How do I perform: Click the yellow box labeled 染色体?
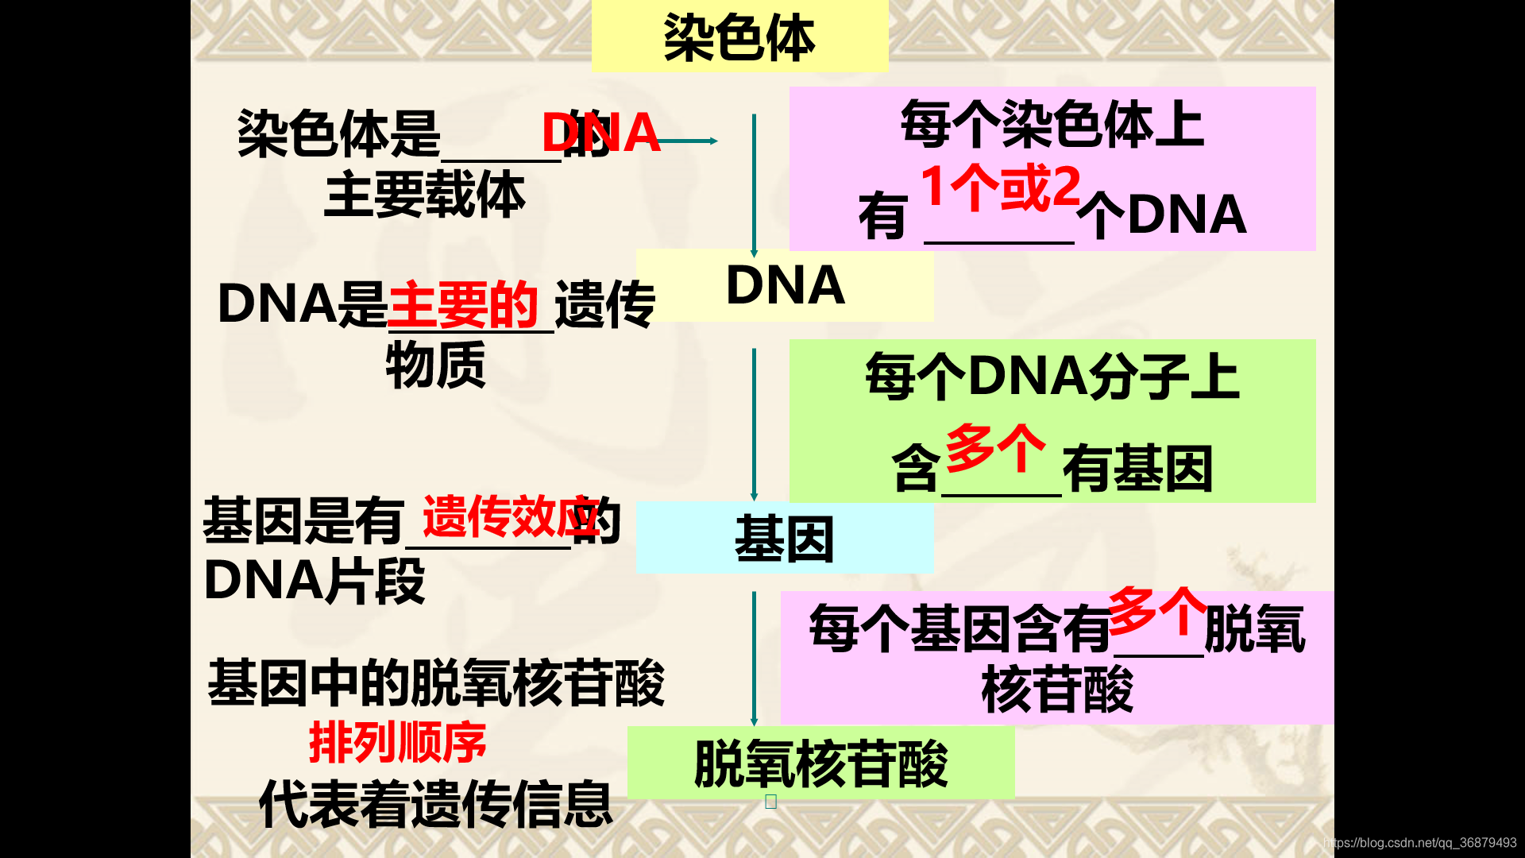(x=739, y=37)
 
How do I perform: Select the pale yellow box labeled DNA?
(x=785, y=285)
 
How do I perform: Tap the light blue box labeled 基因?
(x=785, y=539)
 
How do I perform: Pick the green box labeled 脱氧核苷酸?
(x=820, y=763)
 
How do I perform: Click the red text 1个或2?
(x=1001, y=187)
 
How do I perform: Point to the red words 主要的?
(x=463, y=304)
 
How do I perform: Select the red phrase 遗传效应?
(x=510, y=517)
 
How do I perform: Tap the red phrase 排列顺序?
(x=397, y=743)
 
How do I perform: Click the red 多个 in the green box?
(x=996, y=448)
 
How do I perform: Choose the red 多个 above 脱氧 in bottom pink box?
(x=1158, y=610)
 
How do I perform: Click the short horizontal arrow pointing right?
(x=688, y=141)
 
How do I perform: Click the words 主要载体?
(x=424, y=195)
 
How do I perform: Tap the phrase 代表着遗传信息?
(x=435, y=804)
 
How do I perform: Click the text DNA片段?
(x=315, y=582)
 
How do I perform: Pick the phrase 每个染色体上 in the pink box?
(x=1052, y=125)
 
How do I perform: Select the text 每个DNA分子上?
(x=1052, y=376)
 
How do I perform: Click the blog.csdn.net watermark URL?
(x=1420, y=843)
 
